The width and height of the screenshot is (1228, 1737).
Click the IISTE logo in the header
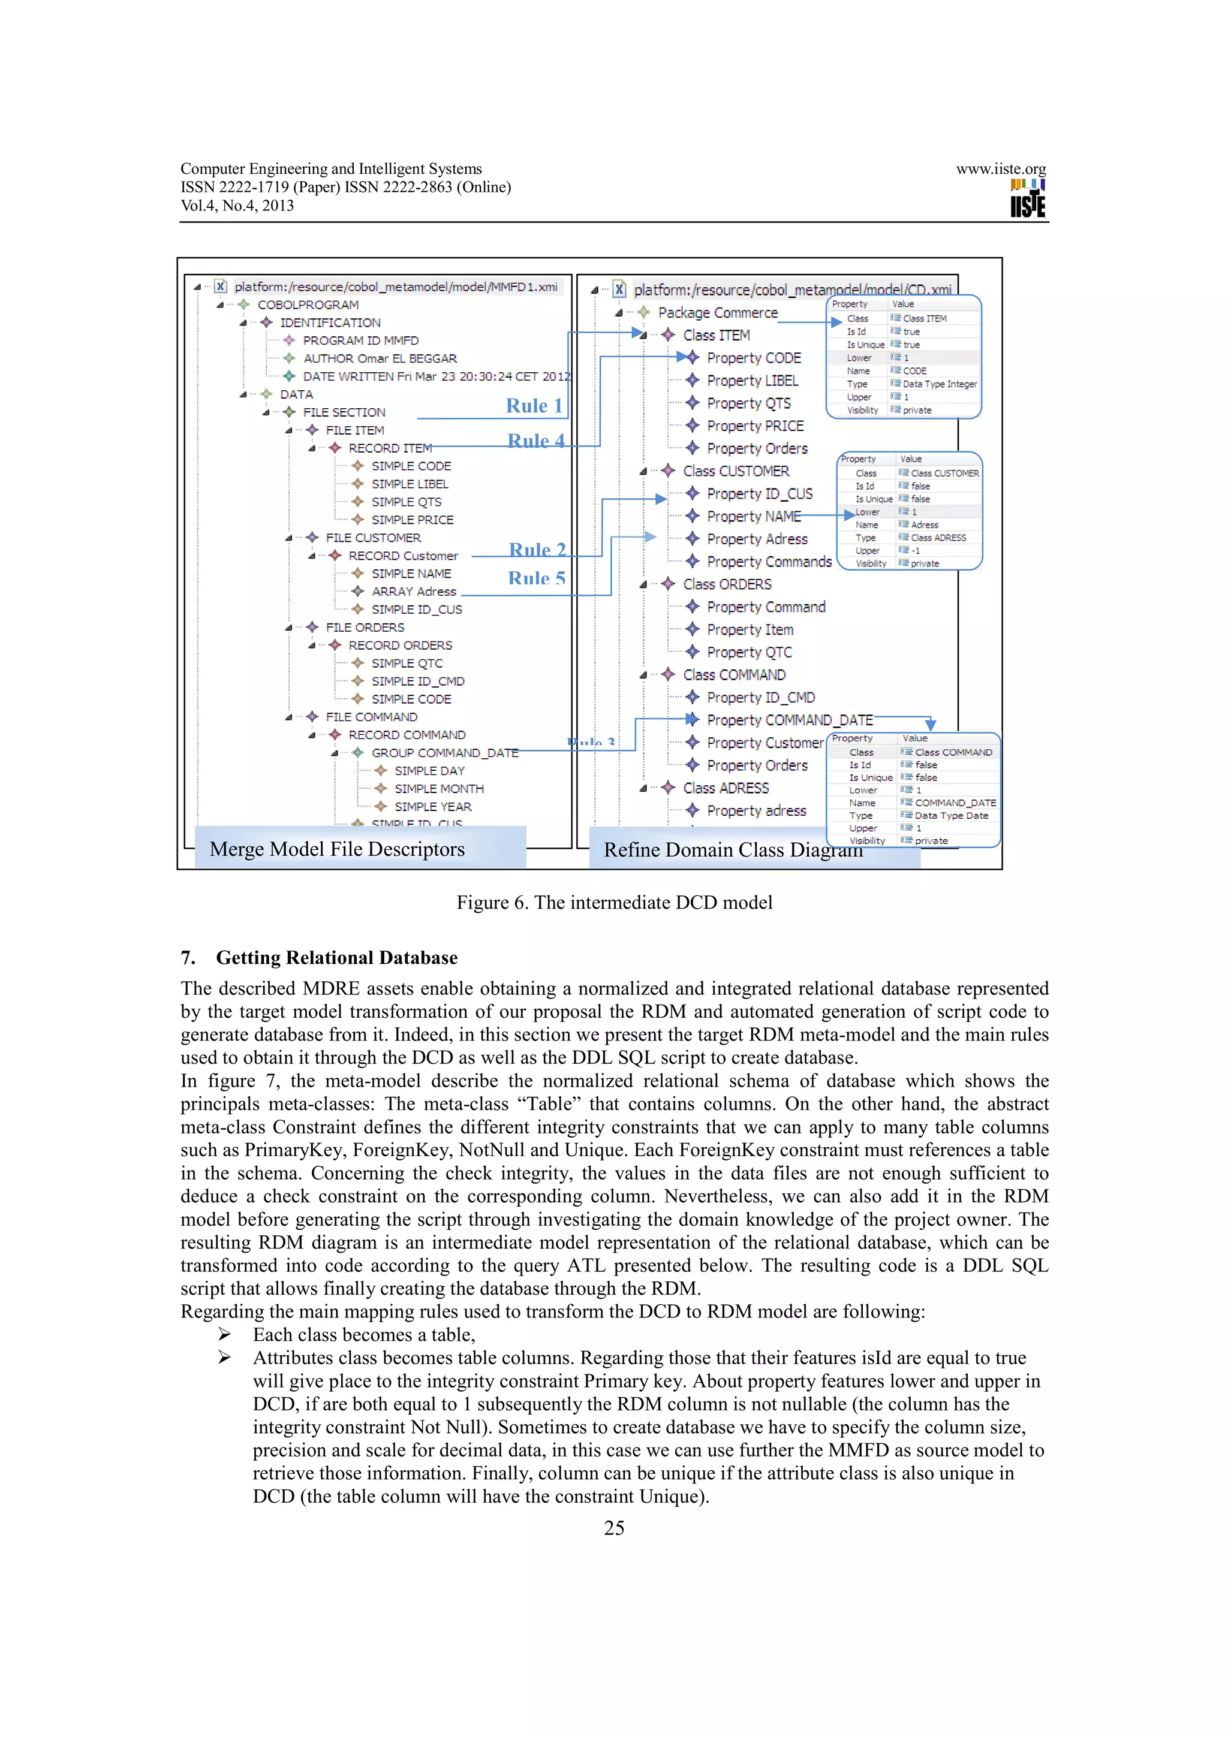(x=1028, y=199)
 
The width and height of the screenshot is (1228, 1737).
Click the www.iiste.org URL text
(x=1000, y=168)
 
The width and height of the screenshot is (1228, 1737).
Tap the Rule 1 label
(x=534, y=406)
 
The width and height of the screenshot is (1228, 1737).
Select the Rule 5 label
(x=537, y=579)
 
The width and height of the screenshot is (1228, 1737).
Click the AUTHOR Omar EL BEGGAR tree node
(x=379, y=358)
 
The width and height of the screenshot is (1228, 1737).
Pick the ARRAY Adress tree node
(x=413, y=592)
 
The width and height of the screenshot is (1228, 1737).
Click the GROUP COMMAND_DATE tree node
(x=444, y=753)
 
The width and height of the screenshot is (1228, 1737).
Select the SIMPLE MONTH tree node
(x=438, y=788)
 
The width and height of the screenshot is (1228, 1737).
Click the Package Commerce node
(x=717, y=312)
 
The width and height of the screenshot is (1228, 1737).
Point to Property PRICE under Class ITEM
(x=754, y=426)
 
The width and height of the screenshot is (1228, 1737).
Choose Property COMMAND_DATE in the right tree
(x=789, y=720)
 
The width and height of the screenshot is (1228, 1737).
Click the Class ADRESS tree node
(x=725, y=788)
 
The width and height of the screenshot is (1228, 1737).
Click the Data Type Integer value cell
(x=939, y=384)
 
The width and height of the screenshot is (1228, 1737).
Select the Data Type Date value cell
(x=950, y=816)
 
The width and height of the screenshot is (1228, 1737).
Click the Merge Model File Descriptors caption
(x=337, y=849)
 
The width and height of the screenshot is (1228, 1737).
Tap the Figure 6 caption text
(x=613, y=903)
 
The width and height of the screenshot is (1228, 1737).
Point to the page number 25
(x=613, y=1528)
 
